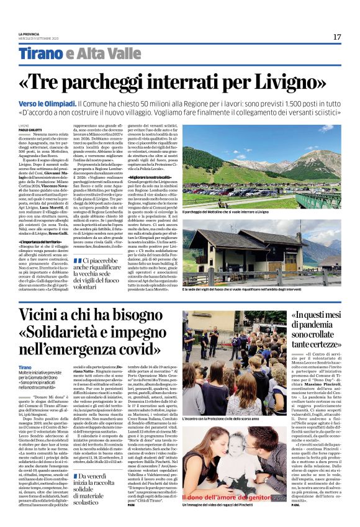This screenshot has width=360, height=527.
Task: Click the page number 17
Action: pos(336,37)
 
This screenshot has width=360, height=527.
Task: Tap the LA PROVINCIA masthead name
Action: pos(29,34)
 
